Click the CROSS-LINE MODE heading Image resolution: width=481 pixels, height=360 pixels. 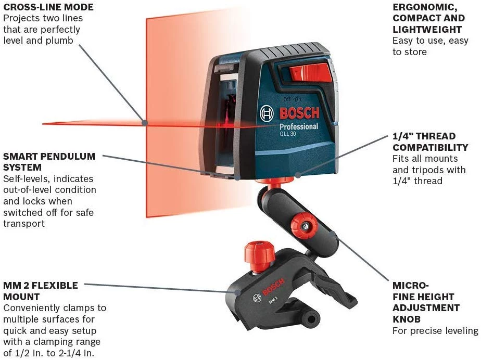pos(48,7)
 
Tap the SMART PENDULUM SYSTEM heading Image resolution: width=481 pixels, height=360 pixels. pos(49,162)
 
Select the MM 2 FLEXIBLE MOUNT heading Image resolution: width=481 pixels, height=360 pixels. pos(41,291)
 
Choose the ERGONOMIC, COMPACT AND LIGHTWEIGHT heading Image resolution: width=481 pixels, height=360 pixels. pos(428,18)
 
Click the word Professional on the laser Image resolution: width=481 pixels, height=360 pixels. pos(299,126)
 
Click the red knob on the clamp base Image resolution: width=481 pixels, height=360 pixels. pos(259,253)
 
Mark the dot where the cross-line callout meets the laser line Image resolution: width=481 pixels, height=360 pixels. pos(144,123)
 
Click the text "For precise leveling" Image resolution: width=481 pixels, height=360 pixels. pos(435,330)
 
